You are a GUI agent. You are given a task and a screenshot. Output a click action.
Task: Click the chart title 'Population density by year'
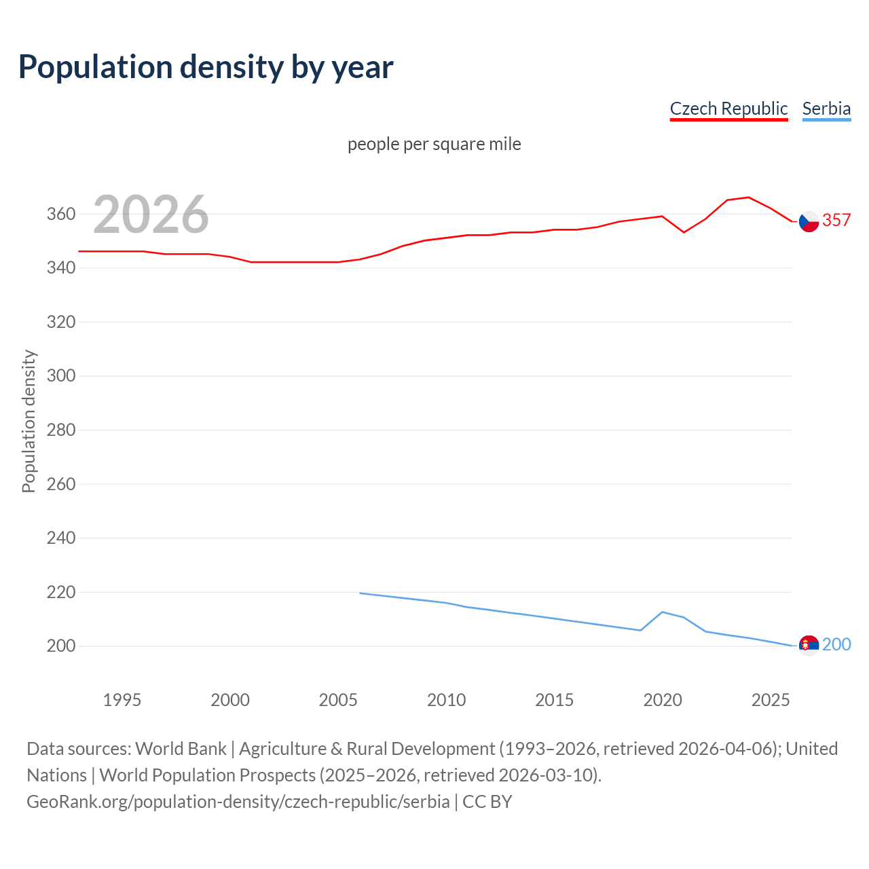pyautogui.click(x=206, y=67)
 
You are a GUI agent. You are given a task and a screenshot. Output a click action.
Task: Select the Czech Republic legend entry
pyautogui.click(x=728, y=109)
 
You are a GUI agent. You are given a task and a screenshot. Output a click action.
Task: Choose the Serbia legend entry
pyautogui.click(x=826, y=109)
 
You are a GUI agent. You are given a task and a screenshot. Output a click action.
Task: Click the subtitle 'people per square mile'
pyautogui.click(x=434, y=145)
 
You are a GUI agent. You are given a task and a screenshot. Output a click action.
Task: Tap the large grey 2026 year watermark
pyautogui.click(x=151, y=215)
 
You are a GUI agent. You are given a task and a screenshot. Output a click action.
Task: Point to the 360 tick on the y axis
pyautogui.click(x=61, y=215)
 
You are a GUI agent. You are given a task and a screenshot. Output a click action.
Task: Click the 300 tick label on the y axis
pyautogui.click(x=61, y=376)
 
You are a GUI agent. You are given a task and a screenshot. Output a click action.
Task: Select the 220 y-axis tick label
pyautogui.click(x=61, y=592)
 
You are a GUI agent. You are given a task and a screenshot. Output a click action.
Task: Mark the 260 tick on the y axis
pyautogui.click(x=61, y=484)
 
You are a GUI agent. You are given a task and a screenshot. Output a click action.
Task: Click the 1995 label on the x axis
pyautogui.click(x=122, y=700)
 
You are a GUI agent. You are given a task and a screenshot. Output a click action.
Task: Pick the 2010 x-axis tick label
pyautogui.click(x=446, y=700)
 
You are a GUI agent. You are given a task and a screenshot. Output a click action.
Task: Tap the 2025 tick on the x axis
pyautogui.click(x=771, y=700)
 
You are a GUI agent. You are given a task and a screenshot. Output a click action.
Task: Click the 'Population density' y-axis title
pyautogui.click(x=29, y=421)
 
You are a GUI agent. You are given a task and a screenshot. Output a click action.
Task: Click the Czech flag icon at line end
pyautogui.click(x=809, y=221)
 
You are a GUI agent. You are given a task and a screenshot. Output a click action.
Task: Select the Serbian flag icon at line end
pyautogui.click(x=809, y=645)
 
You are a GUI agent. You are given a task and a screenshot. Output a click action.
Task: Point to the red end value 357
pyautogui.click(x=836, y=220)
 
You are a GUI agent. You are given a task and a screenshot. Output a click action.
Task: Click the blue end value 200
pyautogui.click(x=836, y=644)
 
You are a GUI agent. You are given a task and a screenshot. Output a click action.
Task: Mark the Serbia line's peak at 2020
pyautogui.click(x=663, y=612)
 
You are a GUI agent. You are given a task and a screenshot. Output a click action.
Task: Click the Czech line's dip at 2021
pyautogui.click(x=684, y=232)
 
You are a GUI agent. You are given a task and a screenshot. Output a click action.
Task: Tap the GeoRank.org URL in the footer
pyautogui.click(x=238, y=802)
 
